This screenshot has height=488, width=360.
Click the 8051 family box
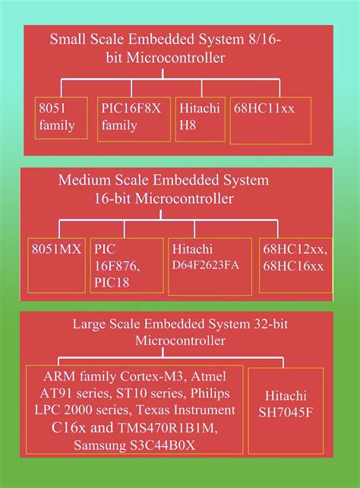(61, 118)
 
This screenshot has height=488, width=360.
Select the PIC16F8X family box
(134, 119)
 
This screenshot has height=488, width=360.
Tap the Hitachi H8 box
(201, 119)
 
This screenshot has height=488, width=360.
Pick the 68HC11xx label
(264, 109)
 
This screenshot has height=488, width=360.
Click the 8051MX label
(56, 249)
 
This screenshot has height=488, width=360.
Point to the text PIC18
(112, 283)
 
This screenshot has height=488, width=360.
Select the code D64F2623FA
(206, 265)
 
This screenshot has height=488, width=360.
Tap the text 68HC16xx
(293, 266)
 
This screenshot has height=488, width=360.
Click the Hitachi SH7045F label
(286, 404)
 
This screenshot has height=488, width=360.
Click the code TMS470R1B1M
(168, 428)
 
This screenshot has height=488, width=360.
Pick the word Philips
(210, 394)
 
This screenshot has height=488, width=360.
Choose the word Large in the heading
(87, 325)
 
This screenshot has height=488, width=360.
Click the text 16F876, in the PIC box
(117, 266)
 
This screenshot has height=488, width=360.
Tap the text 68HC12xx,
(295, 249)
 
